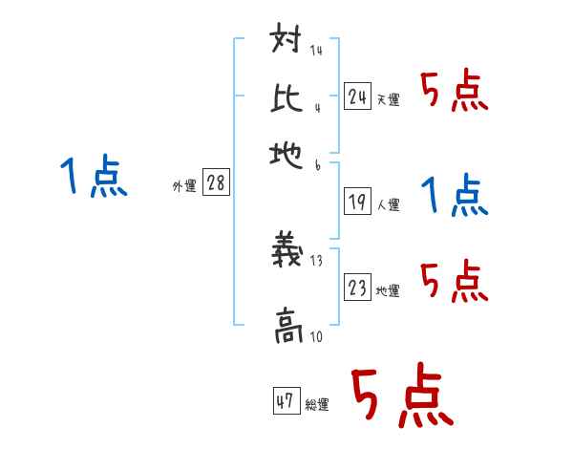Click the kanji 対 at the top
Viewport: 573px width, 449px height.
tap(286, 43)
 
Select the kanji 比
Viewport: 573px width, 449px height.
tap(286, 96)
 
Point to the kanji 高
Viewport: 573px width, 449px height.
tap(286, 326)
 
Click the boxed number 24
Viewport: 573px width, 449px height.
tap(357, 96)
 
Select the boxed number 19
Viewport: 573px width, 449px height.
tap(357, 202)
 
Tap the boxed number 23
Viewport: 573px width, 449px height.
tap(357, 288)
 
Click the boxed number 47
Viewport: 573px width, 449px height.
tap(286, 401)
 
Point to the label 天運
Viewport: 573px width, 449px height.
tap(388, 99)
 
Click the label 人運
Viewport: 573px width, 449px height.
tap(388, 204)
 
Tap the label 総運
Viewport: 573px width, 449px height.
tap(317, 405)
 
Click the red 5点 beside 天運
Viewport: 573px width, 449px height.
tap(454, 94)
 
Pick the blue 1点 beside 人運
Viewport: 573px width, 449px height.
tap(454, 196)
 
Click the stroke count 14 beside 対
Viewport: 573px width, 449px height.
tap(316, 51)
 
